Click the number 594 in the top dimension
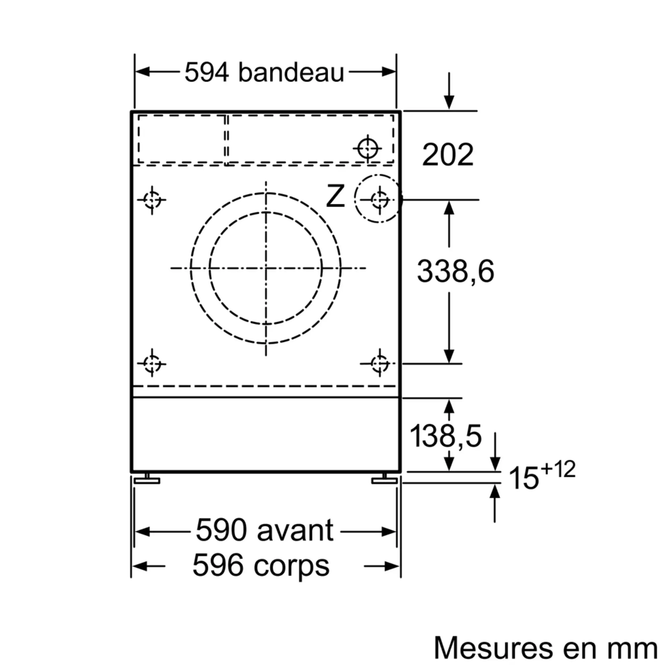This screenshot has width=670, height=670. [x=207, y=72]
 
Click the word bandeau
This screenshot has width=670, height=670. [x=290, y=72]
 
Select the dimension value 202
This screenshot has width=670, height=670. [x=447, y=155]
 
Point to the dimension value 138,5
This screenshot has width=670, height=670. [x=445, y=436]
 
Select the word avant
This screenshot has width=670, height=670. [x=295, y=531]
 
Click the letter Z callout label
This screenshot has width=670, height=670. [x=335, y=197]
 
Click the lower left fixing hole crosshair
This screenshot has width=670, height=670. [x=152, y=363]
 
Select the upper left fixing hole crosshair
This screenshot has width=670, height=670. [x=152, y=200]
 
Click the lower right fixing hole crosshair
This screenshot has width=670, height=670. [x=380, y=363]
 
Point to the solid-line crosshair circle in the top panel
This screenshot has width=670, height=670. [x=367, y=148]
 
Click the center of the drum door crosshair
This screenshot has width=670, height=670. [x=266, y=268]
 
